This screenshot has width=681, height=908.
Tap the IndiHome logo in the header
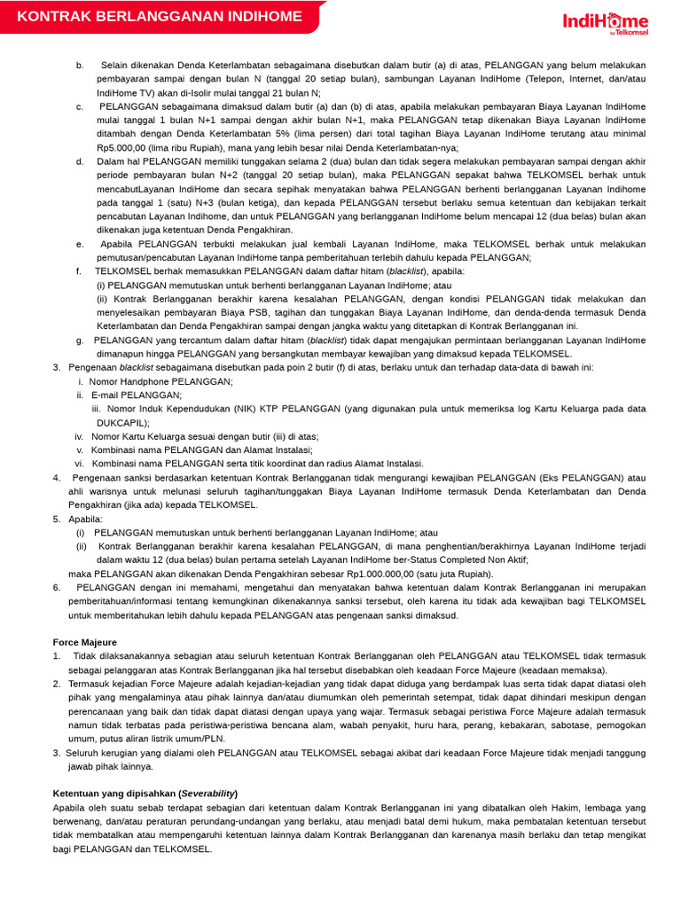pos(606,22)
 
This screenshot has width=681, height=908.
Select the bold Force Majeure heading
pos(85,641)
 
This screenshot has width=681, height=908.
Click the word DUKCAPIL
pos(123,423)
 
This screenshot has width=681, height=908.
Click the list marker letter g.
pos(80,340)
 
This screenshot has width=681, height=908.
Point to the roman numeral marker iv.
pos(79,436)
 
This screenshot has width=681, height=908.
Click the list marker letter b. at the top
pos(80,66)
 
